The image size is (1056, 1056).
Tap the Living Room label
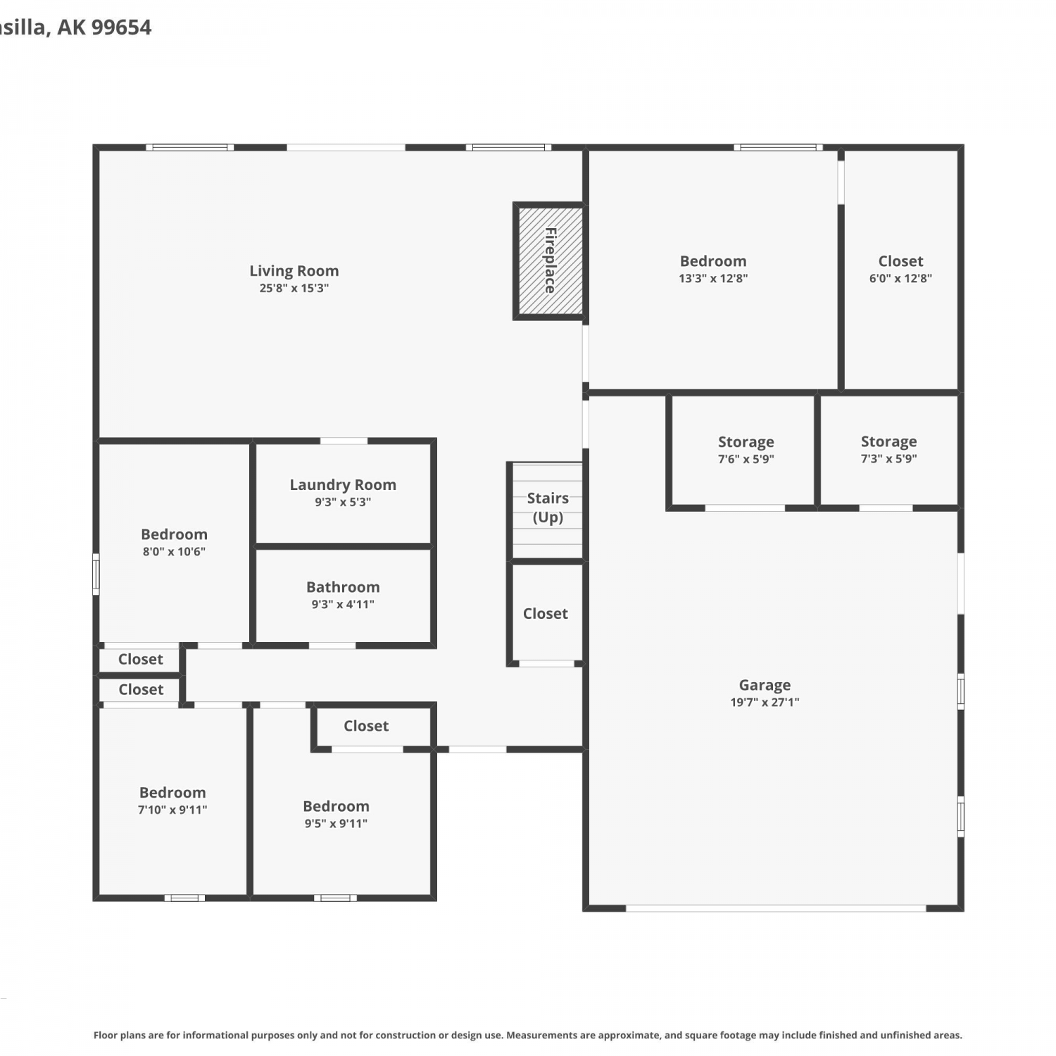tap(294, 271)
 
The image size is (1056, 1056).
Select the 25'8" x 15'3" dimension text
tap(294, 288)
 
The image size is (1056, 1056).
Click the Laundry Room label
tap(343, 485)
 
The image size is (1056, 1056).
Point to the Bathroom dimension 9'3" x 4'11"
tap(343, 604)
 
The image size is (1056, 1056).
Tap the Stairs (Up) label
tap(548, 508)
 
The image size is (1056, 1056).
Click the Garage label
tap(765, 685)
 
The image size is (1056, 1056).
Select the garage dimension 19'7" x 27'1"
tap(765, 702)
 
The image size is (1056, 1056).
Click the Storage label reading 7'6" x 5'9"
tap(746, 442)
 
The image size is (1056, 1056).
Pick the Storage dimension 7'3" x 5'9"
tap(888, 458)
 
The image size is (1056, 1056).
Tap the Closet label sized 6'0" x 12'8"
tap(900, 261)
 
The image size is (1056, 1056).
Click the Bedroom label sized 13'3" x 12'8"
tap(713, 261)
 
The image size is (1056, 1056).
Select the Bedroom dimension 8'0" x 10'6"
tap(174, 551)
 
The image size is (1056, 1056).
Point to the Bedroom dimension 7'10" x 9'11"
tap(172, 810)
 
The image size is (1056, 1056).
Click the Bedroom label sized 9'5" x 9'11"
tap(336, 807)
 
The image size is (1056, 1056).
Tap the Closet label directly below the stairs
tap(546, 614)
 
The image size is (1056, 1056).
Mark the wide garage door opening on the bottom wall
tap(776, 908)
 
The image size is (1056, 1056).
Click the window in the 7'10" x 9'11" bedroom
tap(184, 898)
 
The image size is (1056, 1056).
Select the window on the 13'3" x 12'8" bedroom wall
tap(778, 147)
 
